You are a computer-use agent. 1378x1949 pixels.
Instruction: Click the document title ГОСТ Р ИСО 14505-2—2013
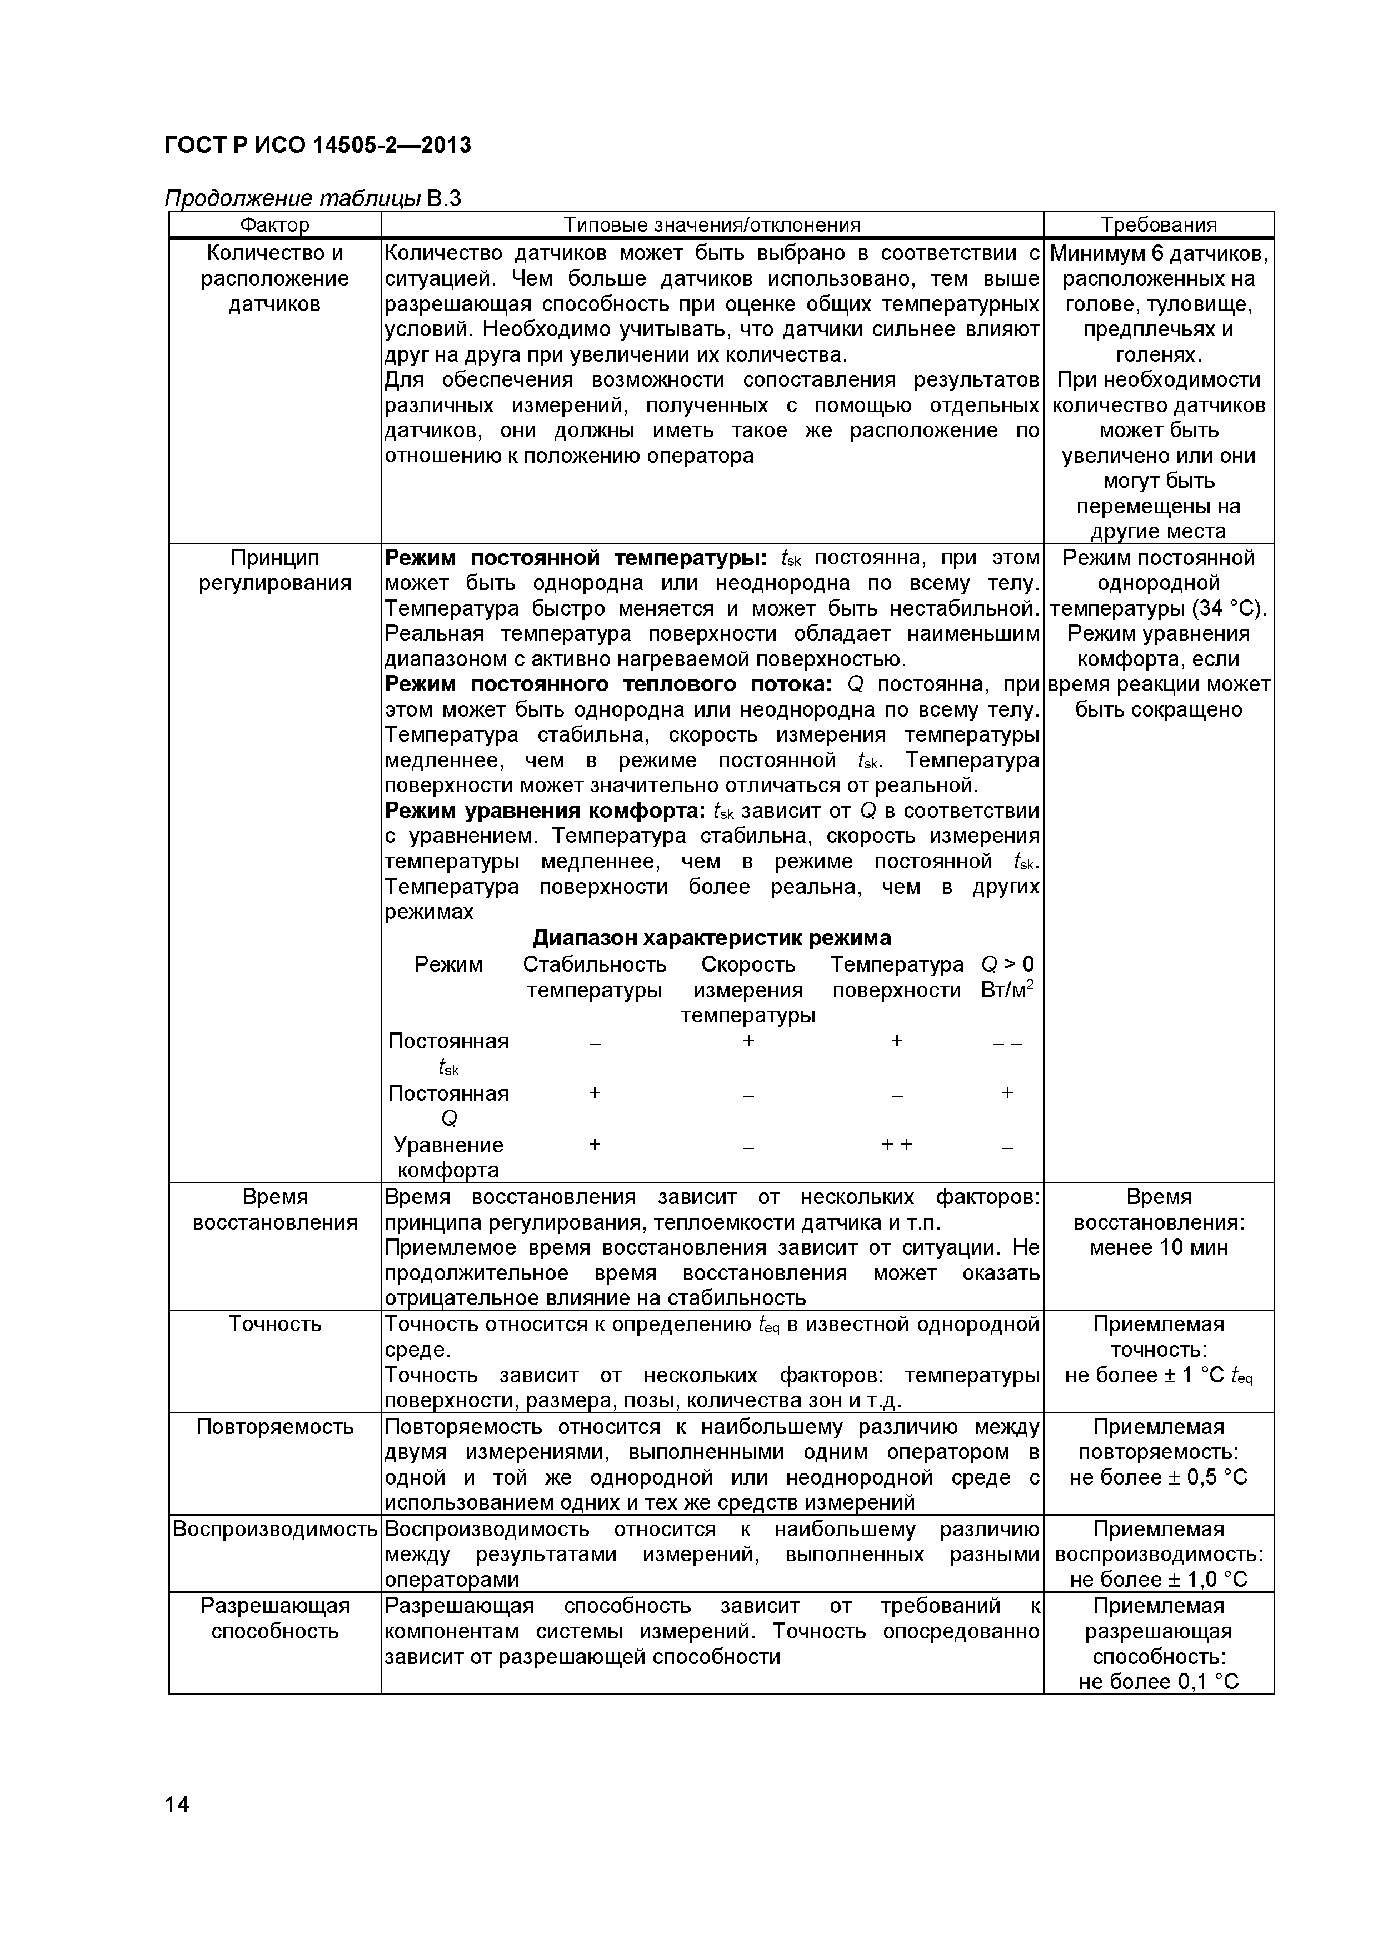point(317,145)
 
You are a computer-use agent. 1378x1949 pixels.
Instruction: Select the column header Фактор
point(274,225)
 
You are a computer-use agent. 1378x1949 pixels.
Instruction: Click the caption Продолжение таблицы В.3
point(312,199)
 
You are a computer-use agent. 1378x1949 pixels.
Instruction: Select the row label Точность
point(274,1324)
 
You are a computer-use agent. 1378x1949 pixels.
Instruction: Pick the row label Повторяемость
point(274,1427)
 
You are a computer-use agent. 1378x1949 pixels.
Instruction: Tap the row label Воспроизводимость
point(274,1529)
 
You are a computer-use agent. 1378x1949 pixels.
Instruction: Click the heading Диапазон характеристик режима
point(711,938)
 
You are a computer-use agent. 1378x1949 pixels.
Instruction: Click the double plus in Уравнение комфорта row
point(897,1145)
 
